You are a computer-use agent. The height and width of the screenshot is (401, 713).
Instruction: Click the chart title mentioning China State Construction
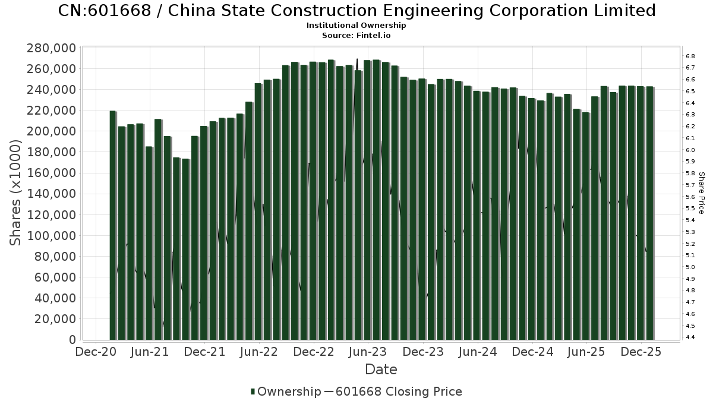pyautogui.click(x=356, y=11)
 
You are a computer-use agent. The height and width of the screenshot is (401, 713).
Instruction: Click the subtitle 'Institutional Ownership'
pyautogui.click(x=356, y=26)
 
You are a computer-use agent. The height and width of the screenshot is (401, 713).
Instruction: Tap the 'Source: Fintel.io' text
pyautogui.click(x=356, y=35)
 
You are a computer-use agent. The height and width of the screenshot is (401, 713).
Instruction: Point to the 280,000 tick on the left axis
pyautogui.click(x=51, y=48)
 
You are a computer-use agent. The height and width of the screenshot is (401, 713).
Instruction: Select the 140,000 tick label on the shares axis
pyautogui.click(x=51, y=194)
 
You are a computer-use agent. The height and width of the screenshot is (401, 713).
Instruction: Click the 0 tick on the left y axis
pyautogui.click(x=71, y=340)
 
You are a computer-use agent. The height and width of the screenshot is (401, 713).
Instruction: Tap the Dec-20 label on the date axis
pyautogui.click(x=95, y=352)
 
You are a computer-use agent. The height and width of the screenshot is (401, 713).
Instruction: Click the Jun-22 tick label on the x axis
pyautogui.click(x=258, y=352)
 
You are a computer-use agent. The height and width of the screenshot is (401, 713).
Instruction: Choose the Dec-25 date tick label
pyautogui.click(x=642, y=352)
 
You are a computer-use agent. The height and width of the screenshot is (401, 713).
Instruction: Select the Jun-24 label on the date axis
pyautogui.click(x=478, y=352)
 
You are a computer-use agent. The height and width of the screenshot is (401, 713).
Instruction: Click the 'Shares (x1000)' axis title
pyautogui.click(x=16, y=193)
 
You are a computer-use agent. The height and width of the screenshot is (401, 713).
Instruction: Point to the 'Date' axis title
pyautogui.click(x=381, y=370)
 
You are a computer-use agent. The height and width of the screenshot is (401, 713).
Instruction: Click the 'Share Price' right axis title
pyautogui.click(x=701, y=193)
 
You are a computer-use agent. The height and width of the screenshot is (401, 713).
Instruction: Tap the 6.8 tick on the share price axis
pyautogui.click(x=690, y=56)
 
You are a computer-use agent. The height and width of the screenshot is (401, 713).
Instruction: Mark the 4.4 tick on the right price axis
pyautogui.click(x=690, y=337)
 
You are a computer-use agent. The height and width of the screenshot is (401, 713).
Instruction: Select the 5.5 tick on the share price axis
pyautogui.click(x=690, y=209)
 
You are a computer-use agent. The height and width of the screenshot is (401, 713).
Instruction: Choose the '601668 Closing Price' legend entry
pyautogui.click(x=399, y=391)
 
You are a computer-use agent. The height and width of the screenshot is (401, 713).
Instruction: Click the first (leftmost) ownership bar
pyautogui.click(x=113, y=226)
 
